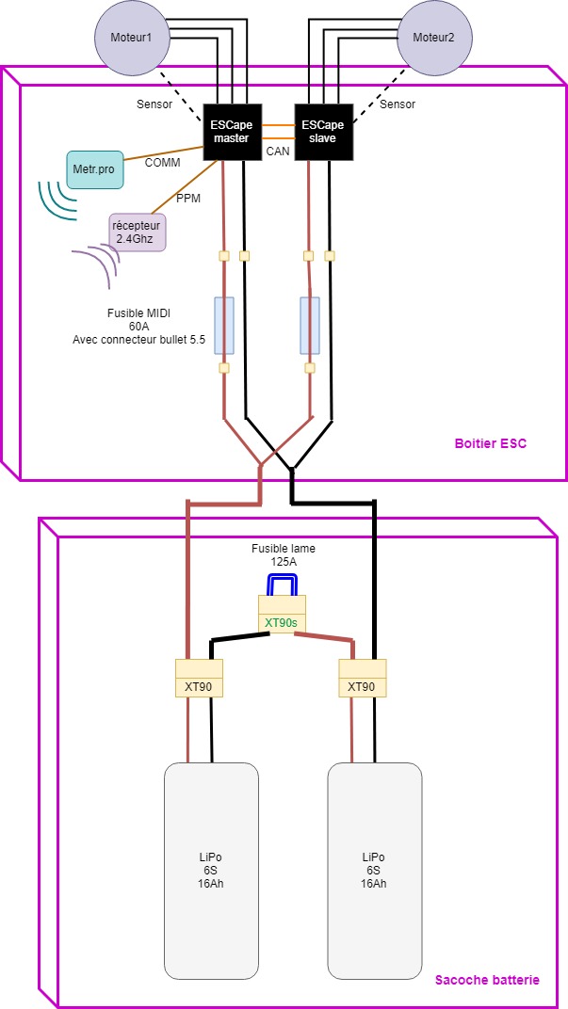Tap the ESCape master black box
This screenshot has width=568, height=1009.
[x=231, y=131]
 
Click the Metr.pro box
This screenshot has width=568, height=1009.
[x=93, y=168]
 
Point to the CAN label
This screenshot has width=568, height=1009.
[x=277, y=149]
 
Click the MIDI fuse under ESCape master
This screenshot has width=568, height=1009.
[x=224, y=326]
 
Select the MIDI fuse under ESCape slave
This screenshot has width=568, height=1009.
[x=310, y=326]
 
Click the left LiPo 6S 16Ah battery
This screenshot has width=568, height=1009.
[x=211, y=871]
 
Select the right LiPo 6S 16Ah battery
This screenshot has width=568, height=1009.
[x=374, y=871]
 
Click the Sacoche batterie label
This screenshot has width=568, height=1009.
[x=487, y=980]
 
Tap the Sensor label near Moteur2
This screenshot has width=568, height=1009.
[x=398, y=104]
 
